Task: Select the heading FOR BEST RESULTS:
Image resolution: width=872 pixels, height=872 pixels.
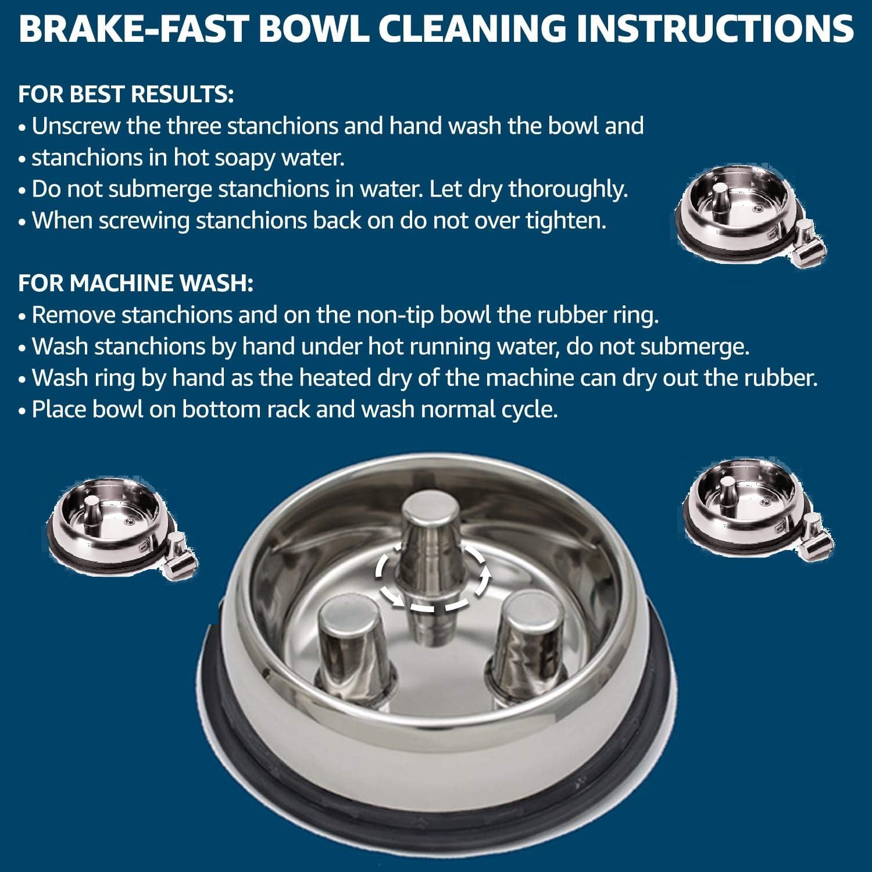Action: click(126, 94)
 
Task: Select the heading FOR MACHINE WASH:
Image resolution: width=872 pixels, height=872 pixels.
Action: click(135, 283)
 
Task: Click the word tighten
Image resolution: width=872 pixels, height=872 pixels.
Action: click(566, 221)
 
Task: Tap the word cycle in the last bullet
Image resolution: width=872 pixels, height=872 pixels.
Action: click(529, 410)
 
